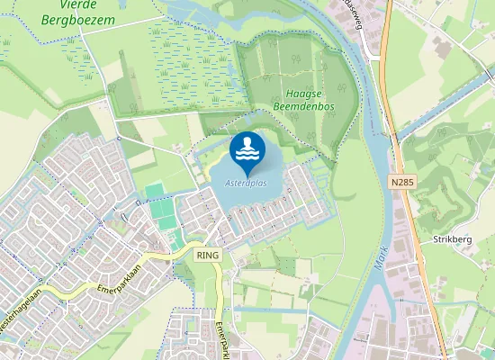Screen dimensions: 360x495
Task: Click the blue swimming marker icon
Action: pos(247,153)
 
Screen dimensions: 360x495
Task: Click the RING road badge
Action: pos(206,256)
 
